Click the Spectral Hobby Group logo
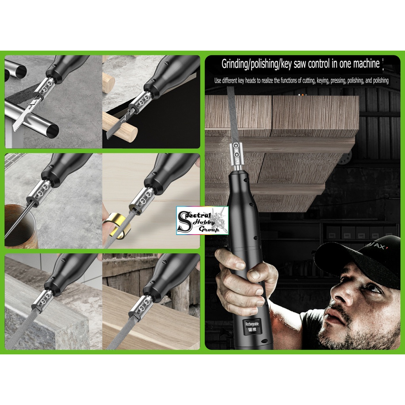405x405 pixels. (x=202, y=220)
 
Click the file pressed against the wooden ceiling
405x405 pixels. (x=232, y=115)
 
